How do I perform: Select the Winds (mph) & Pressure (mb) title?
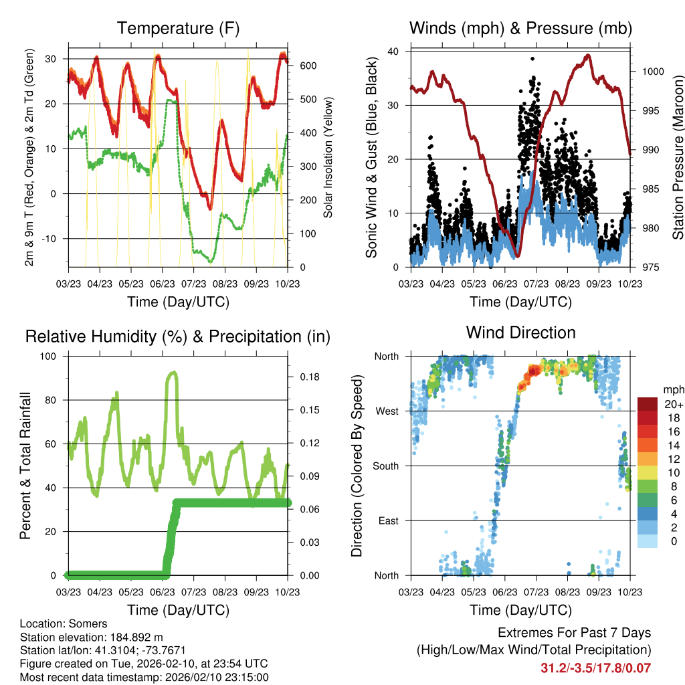pyautogui.click(x=520, y=29)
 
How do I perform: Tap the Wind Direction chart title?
pyautogui.click(x=520, y=332)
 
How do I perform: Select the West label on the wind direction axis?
pyautogui.click(x=387, y=411)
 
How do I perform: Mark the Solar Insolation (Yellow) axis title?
pyautogui.click(x=328, y=158)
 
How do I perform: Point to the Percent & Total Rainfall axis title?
pyautogui.click(x=26, y=466)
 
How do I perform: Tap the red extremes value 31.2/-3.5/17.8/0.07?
pyautogui.click(x=595, y=668)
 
